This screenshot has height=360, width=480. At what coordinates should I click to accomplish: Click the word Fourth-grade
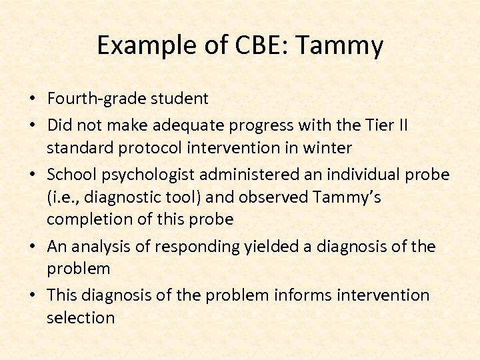[x=93, y=99]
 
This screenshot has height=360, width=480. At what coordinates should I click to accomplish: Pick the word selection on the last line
[x=81, y=317]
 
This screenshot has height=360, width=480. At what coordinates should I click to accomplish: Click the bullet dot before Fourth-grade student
[x=32, y=99]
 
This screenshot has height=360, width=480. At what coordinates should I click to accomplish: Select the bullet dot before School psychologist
[x=32, y=175]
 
